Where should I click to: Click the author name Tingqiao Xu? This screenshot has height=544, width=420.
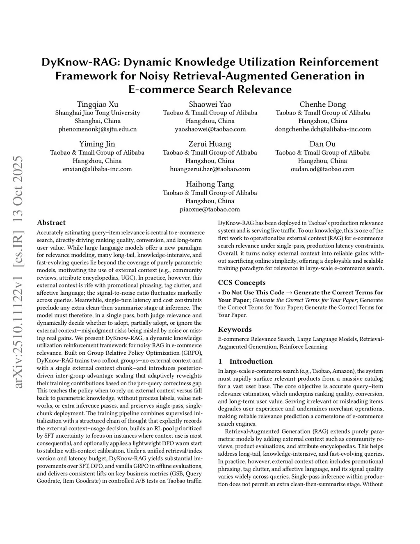(x=98, y=104)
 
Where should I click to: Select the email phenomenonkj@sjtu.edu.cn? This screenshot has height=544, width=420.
(x=98, y=129)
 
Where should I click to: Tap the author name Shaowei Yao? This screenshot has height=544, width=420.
(x=210, y=104)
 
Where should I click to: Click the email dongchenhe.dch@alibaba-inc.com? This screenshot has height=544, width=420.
(x=323, y=129)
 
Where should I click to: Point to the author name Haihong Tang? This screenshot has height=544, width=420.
(x=210, y=184)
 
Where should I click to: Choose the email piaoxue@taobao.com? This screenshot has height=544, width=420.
(x=210, y=209)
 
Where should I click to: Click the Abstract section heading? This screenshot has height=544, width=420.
(x=51, y=223)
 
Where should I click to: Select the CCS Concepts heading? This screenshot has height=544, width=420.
(x=242, y=282)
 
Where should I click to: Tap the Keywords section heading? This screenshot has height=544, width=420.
(x=235, y=329)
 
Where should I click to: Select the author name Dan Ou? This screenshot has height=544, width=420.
(x=323, y=144)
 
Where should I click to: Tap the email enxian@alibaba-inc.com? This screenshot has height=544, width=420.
(x=97, y=169)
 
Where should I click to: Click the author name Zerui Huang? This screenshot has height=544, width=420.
(x=210, y=144)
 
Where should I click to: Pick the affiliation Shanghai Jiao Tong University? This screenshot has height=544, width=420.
(x=98, y=112)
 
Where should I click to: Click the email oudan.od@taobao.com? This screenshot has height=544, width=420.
(x=323, y=169)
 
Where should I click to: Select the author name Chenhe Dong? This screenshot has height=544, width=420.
(x=323, y=104)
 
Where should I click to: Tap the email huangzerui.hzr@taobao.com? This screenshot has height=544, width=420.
(x=210, y=169)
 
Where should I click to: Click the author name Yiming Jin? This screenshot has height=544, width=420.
(x=97, y=144)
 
